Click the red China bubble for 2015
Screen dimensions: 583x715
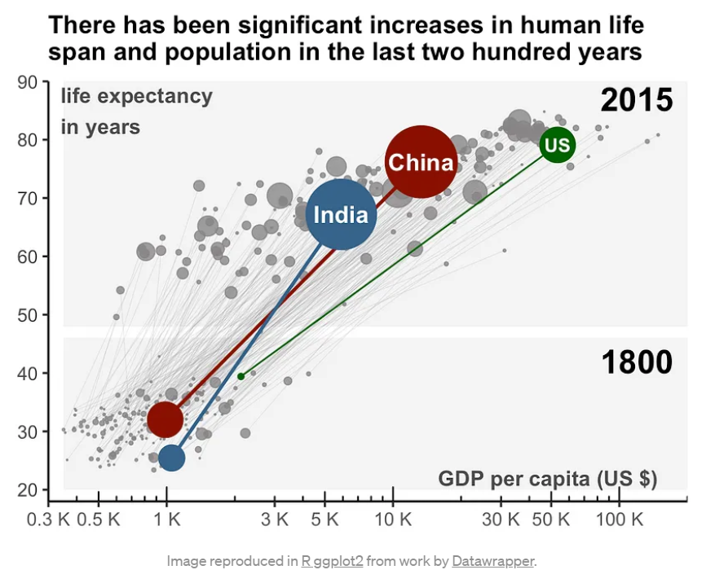tap(420, 161)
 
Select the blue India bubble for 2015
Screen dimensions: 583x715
tap(341, 214)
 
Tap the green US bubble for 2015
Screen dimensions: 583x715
tap(557, 145)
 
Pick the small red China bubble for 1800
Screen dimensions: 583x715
tap(165, 419)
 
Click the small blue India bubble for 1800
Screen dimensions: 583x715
tap(171, 458)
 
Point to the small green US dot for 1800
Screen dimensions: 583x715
tap(241, 376)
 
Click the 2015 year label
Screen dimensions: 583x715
tap(636, 100)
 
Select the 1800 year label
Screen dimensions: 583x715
tap(636, 362)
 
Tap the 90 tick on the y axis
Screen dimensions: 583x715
tap(28, 81)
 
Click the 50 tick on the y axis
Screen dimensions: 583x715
tap(28, 315)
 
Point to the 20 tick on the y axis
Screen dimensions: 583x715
tap(28, 490)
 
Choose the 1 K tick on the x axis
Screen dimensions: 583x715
tap(166, 519)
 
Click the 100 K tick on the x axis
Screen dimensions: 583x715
tap(619, 519)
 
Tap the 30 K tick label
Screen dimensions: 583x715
tap(501, 519)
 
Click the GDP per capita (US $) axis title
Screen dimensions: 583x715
tap(547, 478)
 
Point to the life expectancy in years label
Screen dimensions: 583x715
tap(135, 112)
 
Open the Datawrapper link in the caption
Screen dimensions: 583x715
tap(492, 561)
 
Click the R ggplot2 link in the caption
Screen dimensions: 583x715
tap(332, 561)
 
